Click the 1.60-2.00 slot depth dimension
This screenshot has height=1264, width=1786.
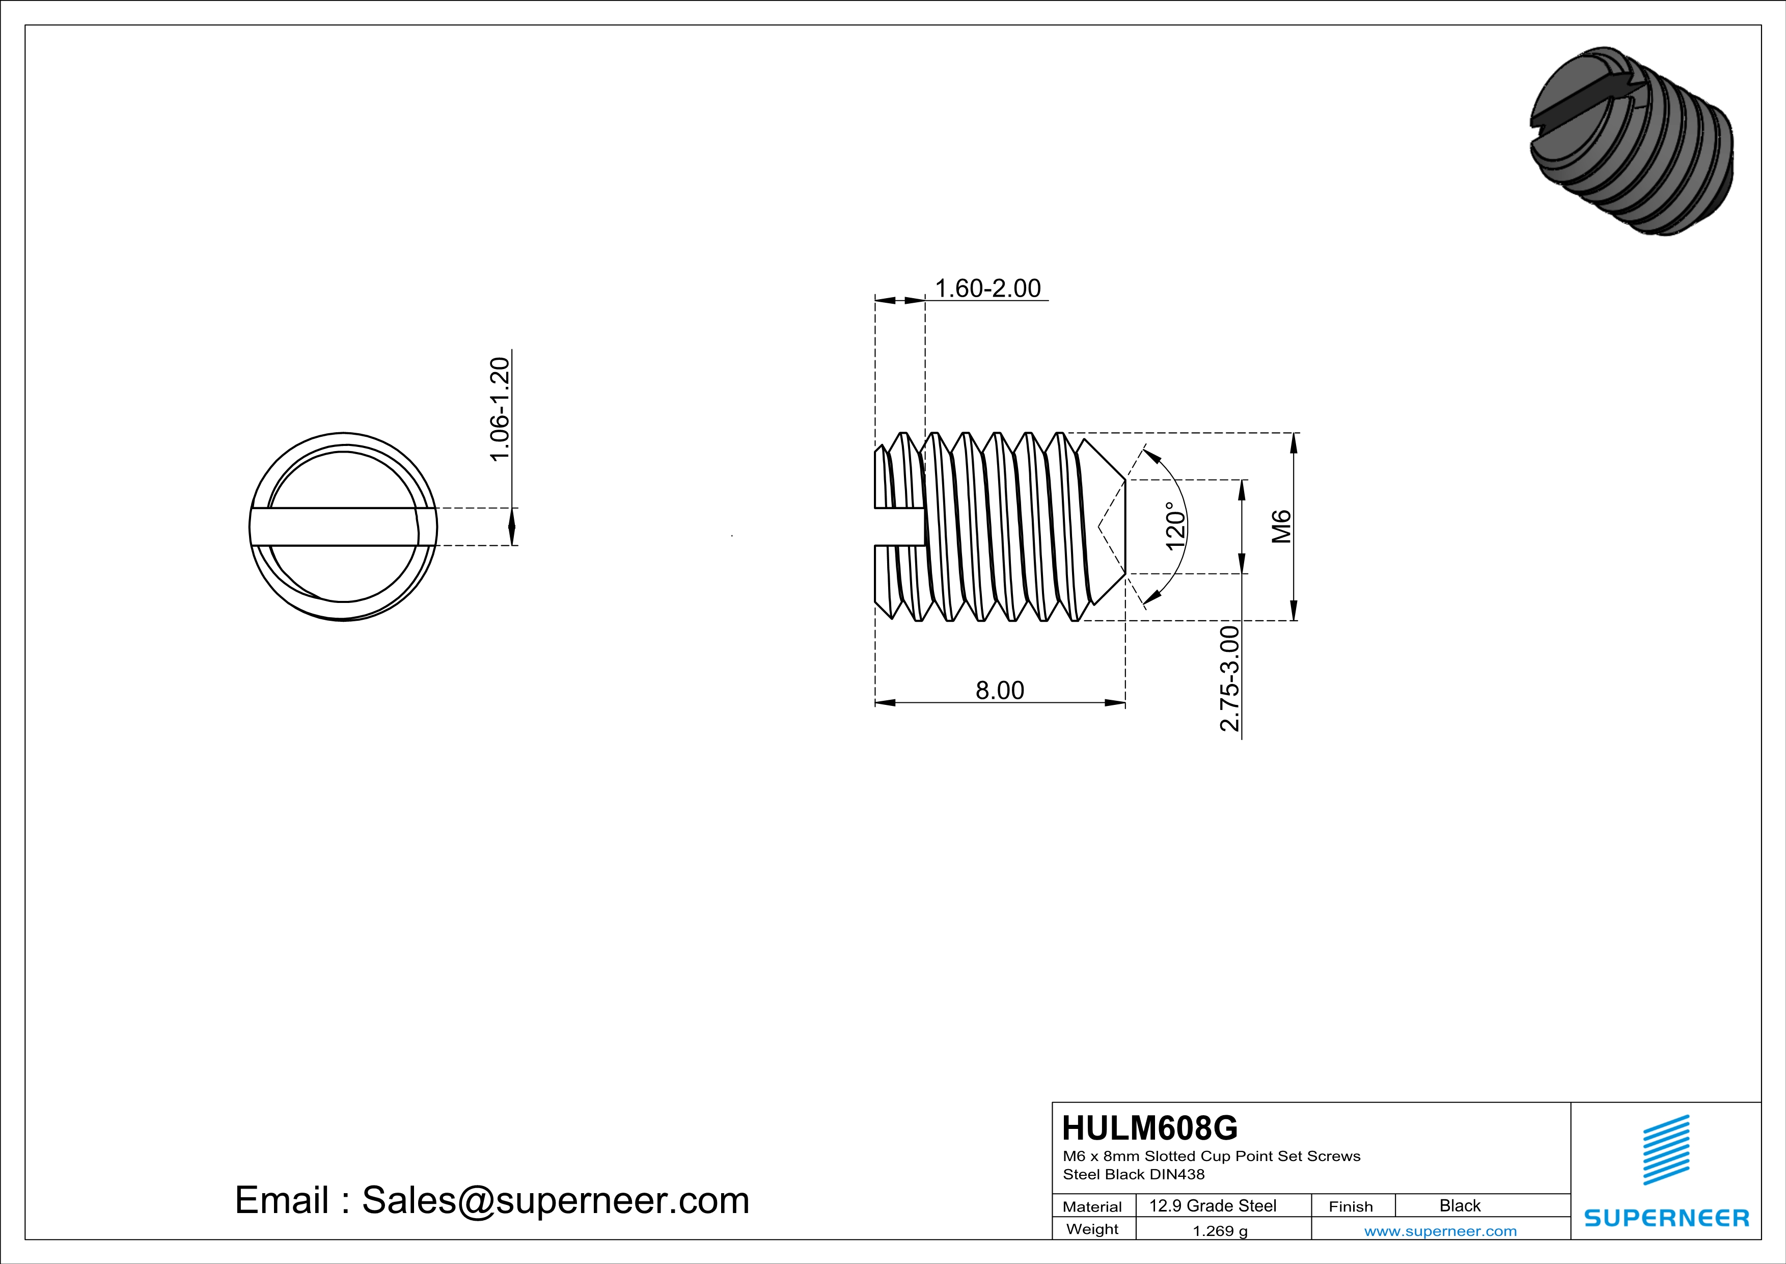tap(987, 289)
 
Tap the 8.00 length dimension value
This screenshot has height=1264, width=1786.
tap(1000, 691)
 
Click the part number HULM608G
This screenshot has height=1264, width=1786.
tap(1150, 1128)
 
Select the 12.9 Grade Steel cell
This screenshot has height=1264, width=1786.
tap(1213, 1205)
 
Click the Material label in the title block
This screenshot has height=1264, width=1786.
tap(1092, 1206)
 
